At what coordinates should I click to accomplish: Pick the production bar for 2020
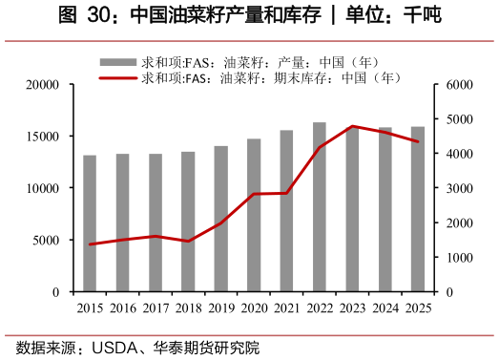click(x=254, y=215)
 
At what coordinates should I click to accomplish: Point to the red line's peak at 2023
click(x=352, y=126)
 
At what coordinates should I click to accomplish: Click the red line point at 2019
click(x=221, y=222)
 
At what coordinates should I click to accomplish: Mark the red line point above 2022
click(x=320, y=146)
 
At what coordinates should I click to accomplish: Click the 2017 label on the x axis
click(x=156, y=307)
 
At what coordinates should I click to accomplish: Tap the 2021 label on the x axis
click(x=287, y=307)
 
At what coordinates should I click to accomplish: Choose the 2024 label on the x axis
click(x=385, y=307)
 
